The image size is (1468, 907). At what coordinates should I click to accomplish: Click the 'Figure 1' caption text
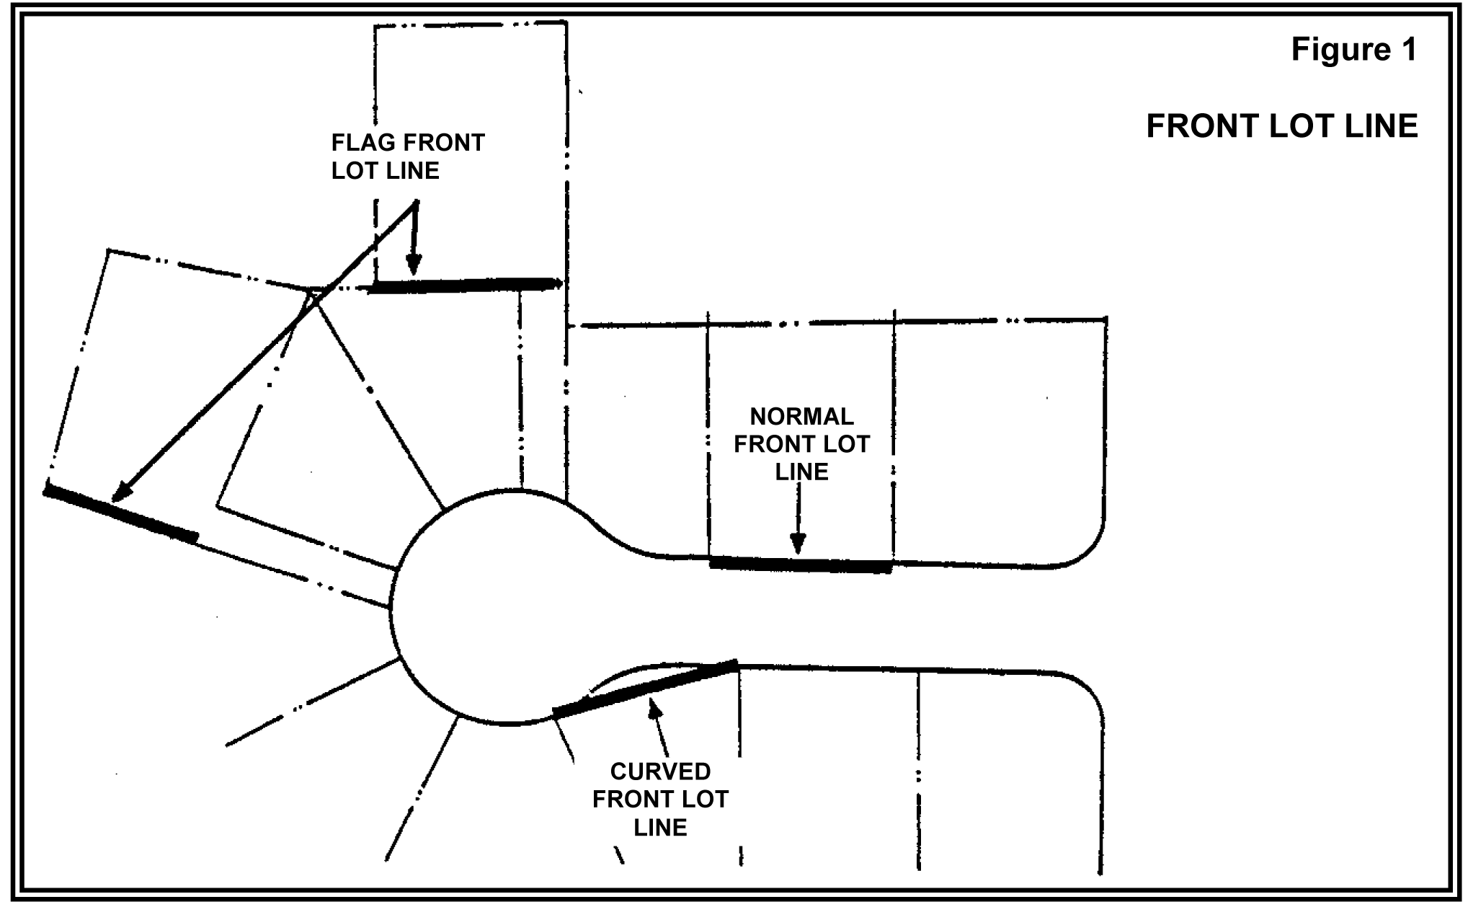[x=1353, y=50]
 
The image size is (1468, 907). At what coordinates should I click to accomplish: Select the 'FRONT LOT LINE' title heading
[x=1281, y=126]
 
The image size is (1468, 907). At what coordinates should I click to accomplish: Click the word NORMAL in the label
[x=801, y=417]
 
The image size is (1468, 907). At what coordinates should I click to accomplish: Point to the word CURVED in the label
[x=660, y=771]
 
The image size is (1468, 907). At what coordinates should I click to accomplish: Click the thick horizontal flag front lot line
[x=465, y=286]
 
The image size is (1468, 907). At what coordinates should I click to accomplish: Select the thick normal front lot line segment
[x=800, y=565]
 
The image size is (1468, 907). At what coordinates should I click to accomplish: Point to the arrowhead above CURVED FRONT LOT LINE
[x=654, y=711]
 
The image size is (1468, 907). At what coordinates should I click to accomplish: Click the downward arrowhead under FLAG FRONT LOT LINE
[x=413, y=265]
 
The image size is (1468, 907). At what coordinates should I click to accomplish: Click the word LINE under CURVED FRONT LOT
[x=660, y=827]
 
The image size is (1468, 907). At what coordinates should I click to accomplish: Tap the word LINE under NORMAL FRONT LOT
[x=801, y=472]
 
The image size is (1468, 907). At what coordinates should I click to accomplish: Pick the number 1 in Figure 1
[x=1408, y=50]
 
